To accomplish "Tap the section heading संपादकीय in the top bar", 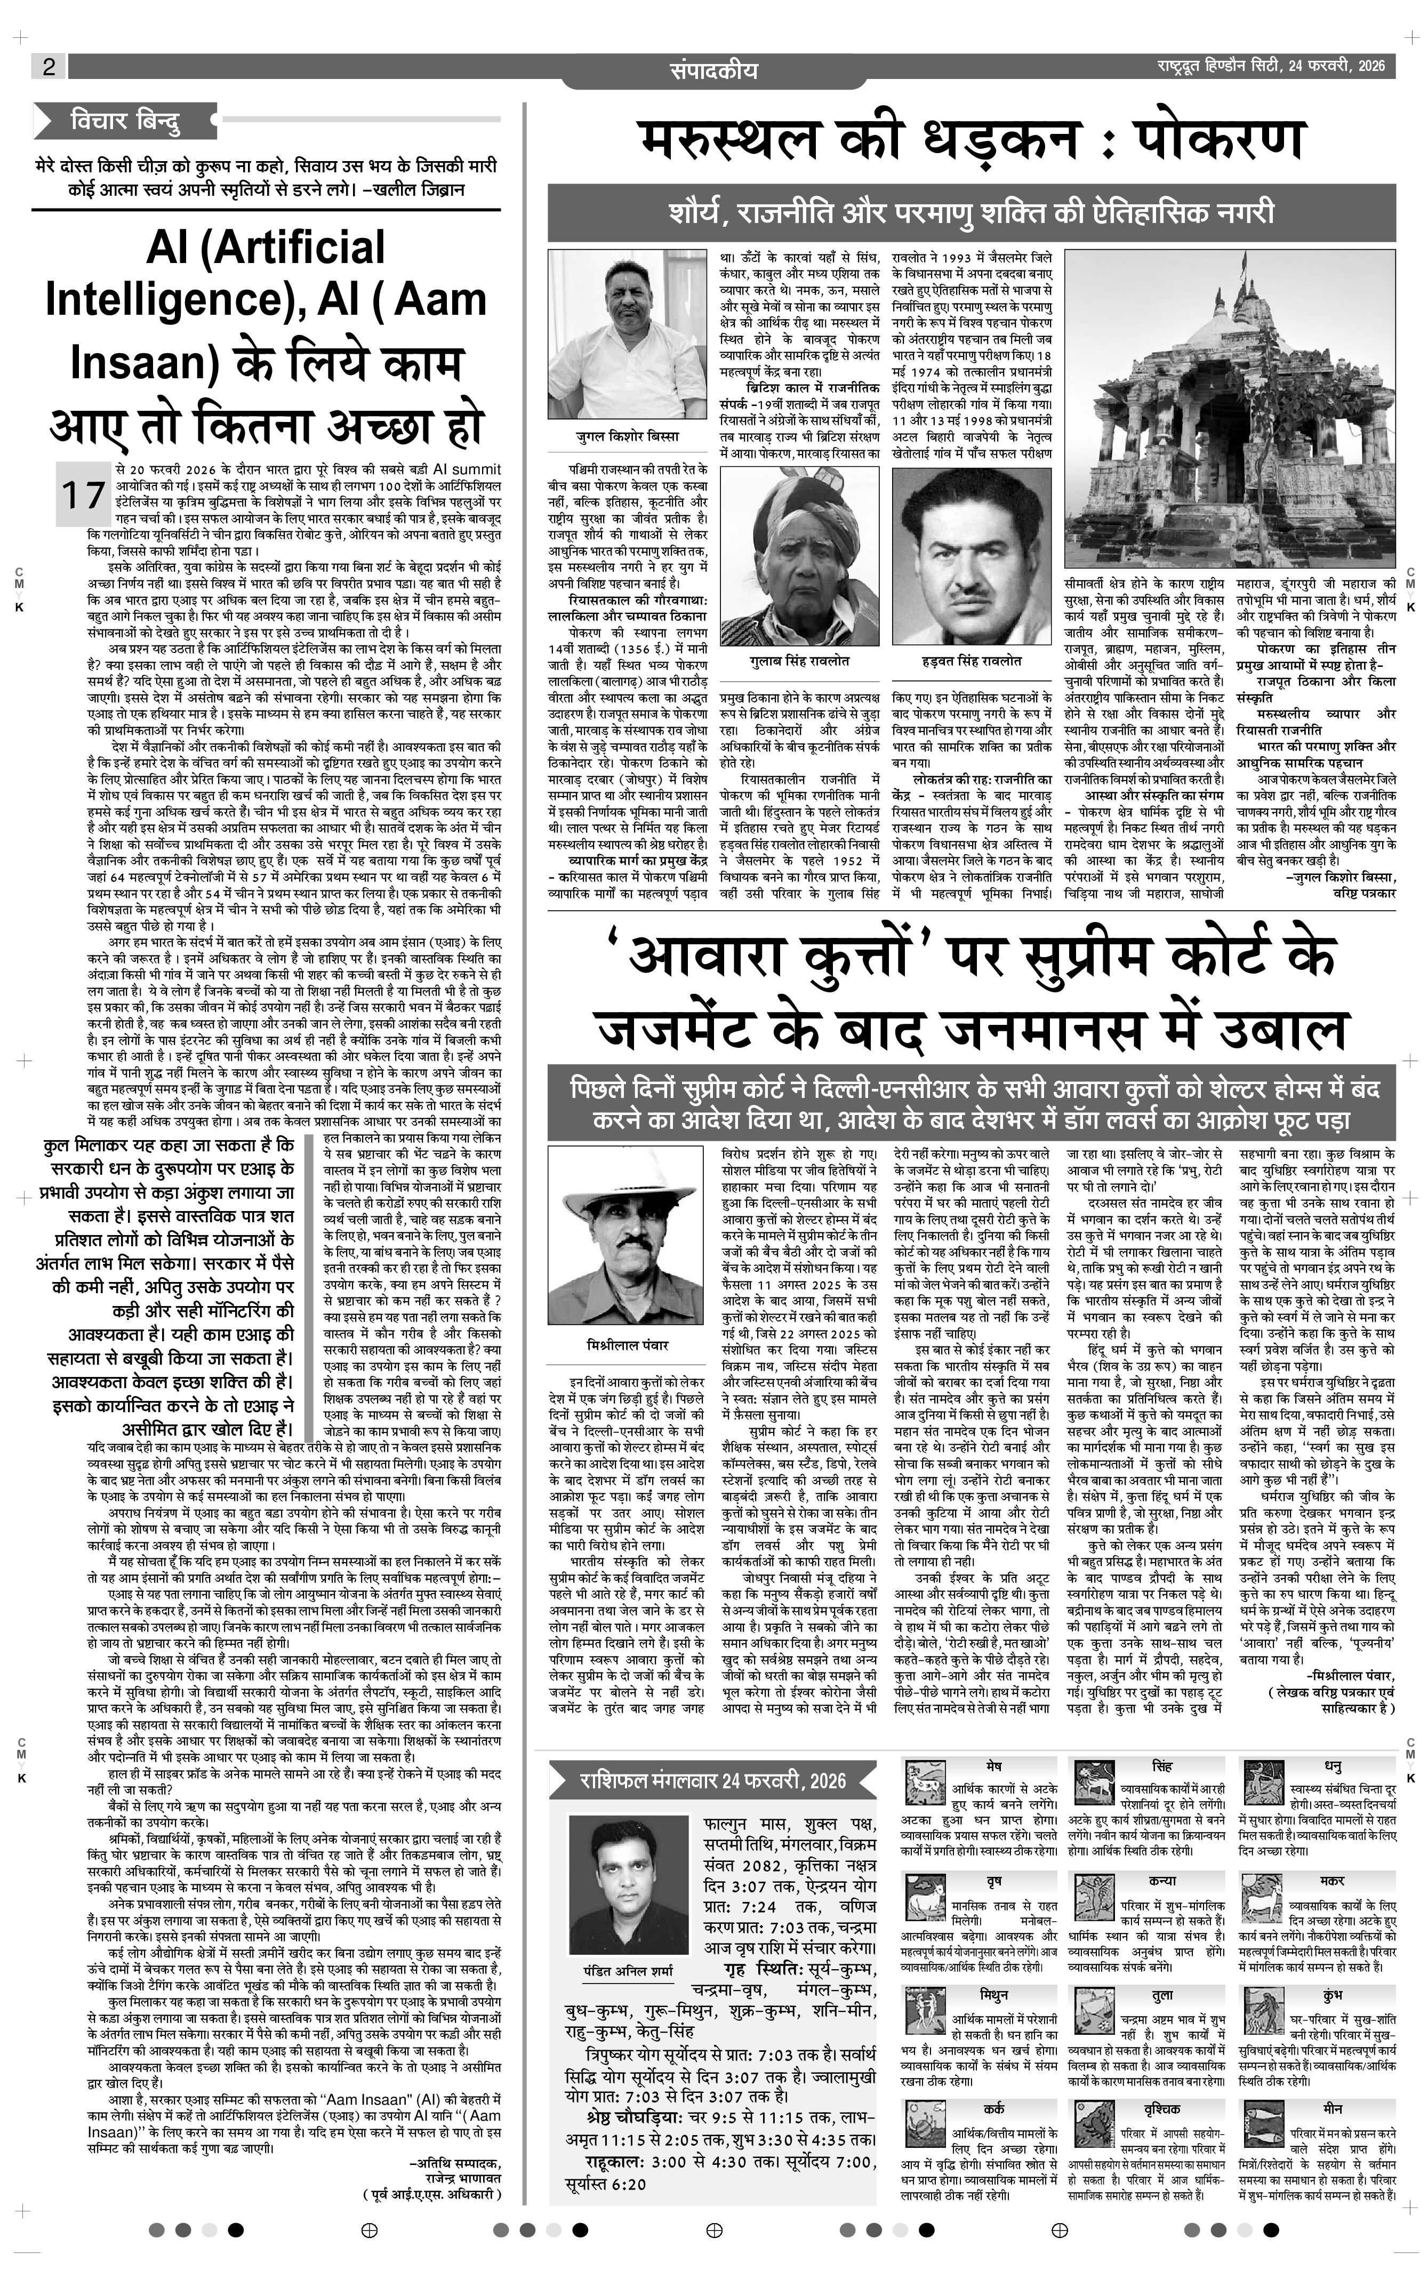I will coord(714,70).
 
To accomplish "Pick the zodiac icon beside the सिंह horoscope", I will coord(1095,1784).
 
